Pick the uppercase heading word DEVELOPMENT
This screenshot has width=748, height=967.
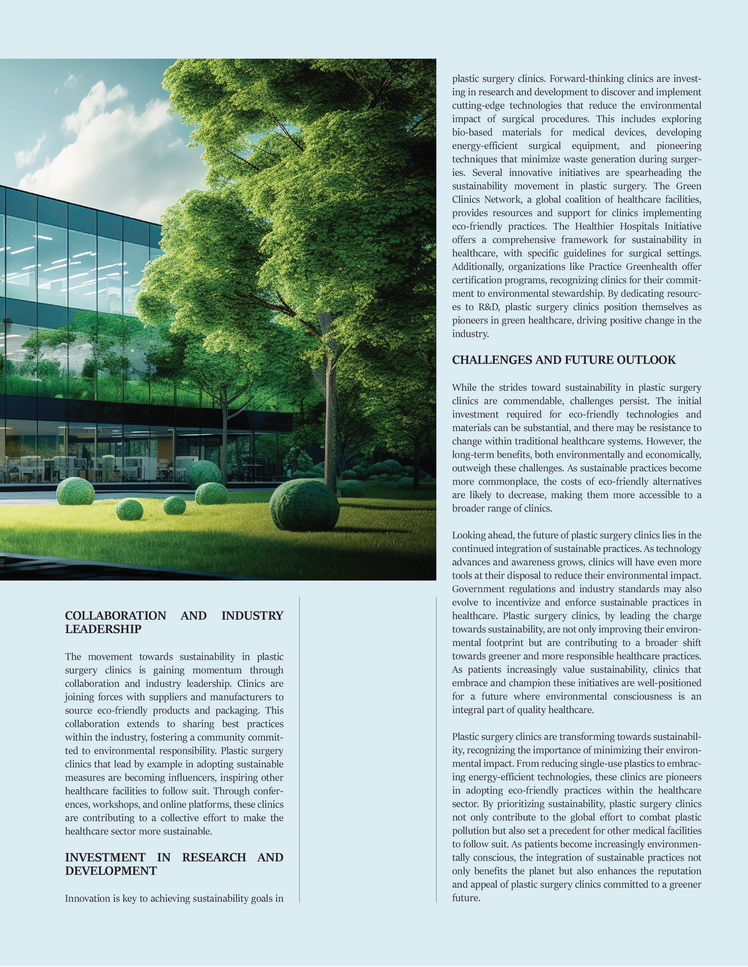(111, 871)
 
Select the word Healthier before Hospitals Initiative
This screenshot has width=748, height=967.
(595, 226)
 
